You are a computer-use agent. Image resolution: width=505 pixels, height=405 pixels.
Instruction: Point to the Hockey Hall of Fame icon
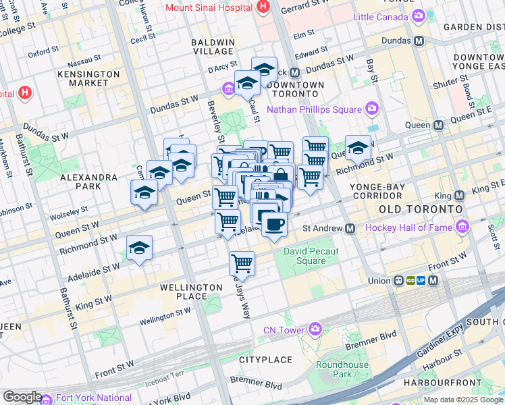click(462, 227)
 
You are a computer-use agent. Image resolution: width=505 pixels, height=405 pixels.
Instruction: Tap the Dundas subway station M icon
click(419, 40)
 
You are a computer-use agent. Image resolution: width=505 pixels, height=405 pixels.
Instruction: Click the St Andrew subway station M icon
click(350, 229)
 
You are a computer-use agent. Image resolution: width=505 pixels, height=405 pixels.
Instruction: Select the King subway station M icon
click(460, 196)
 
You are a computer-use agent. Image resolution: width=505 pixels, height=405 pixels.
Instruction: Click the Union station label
click(379, 281)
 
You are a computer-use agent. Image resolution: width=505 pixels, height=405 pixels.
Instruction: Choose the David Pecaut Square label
click(305, 256)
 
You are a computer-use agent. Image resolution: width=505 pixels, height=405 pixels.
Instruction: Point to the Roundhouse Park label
click(342, 369)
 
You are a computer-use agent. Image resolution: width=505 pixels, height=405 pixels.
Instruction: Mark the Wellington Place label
click(191, 292)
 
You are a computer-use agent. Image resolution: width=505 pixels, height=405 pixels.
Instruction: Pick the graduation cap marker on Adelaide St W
click(139, 247)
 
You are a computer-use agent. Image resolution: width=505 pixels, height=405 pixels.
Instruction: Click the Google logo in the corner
click(22, 397)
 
